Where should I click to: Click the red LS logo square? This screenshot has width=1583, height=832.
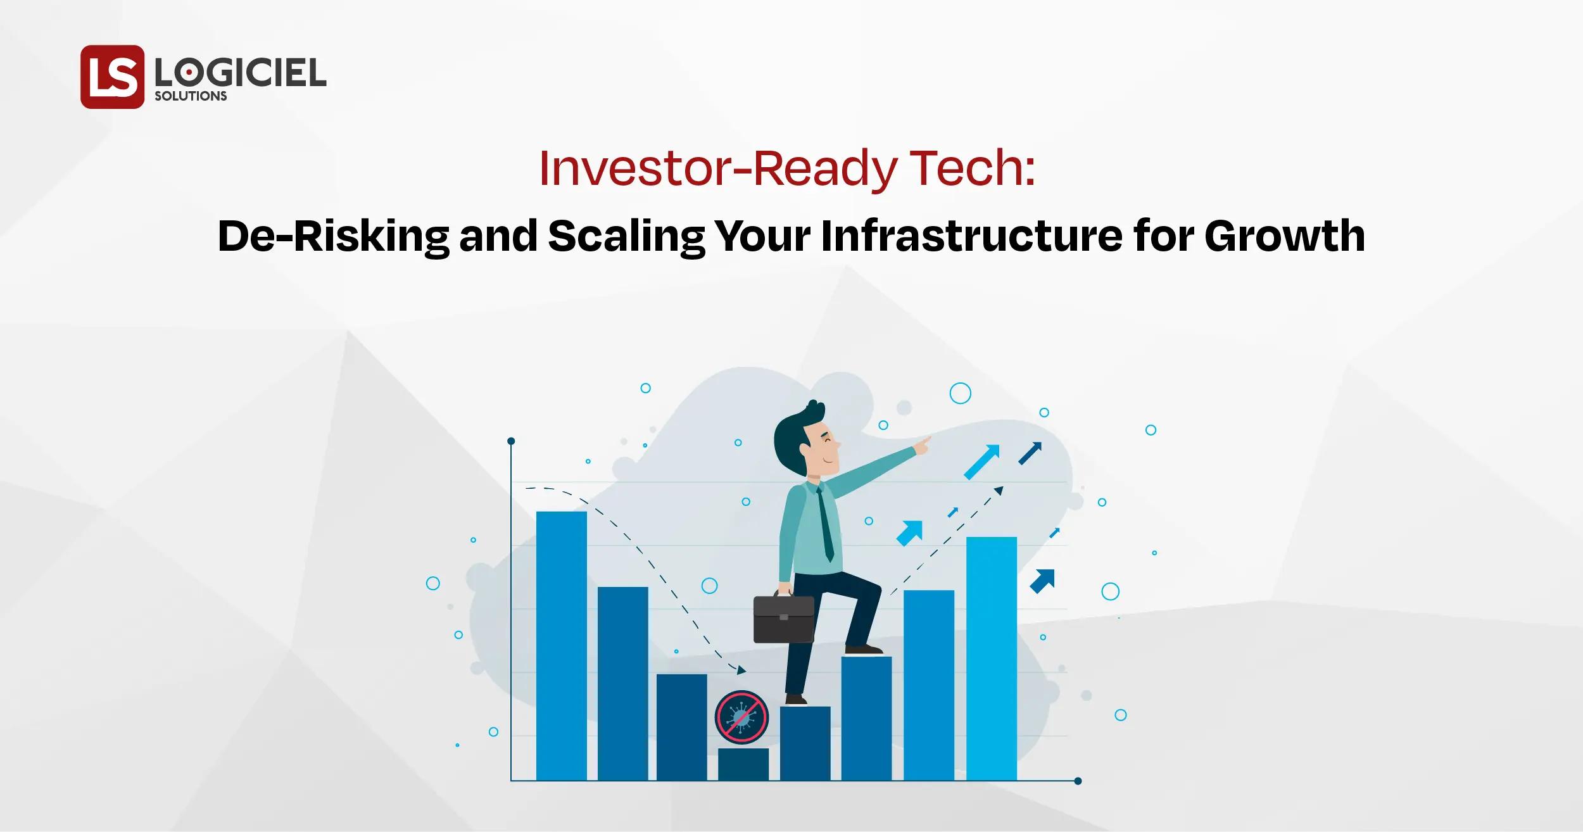[x=112, y=77]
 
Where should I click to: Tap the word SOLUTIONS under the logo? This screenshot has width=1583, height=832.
[x=191, y=96]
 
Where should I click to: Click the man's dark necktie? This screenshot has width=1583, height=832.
[x=825, y=526]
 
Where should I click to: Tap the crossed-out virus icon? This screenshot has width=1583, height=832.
[x=741, y=716]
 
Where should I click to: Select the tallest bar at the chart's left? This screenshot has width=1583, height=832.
[x=561, y=646]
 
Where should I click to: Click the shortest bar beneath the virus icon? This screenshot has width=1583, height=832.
[x=743, y=764]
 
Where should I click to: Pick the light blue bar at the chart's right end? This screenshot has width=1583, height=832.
[x=991, y=659]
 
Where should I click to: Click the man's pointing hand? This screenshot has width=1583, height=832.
[x=924, y=443]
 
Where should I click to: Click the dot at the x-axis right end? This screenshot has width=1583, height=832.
[x=1078, y=781]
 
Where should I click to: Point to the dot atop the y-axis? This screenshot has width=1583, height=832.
[x=511, y=441]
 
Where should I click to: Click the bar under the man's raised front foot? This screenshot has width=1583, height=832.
[x=866, y=718]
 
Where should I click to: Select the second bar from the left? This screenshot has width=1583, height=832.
[x=622, y=684]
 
